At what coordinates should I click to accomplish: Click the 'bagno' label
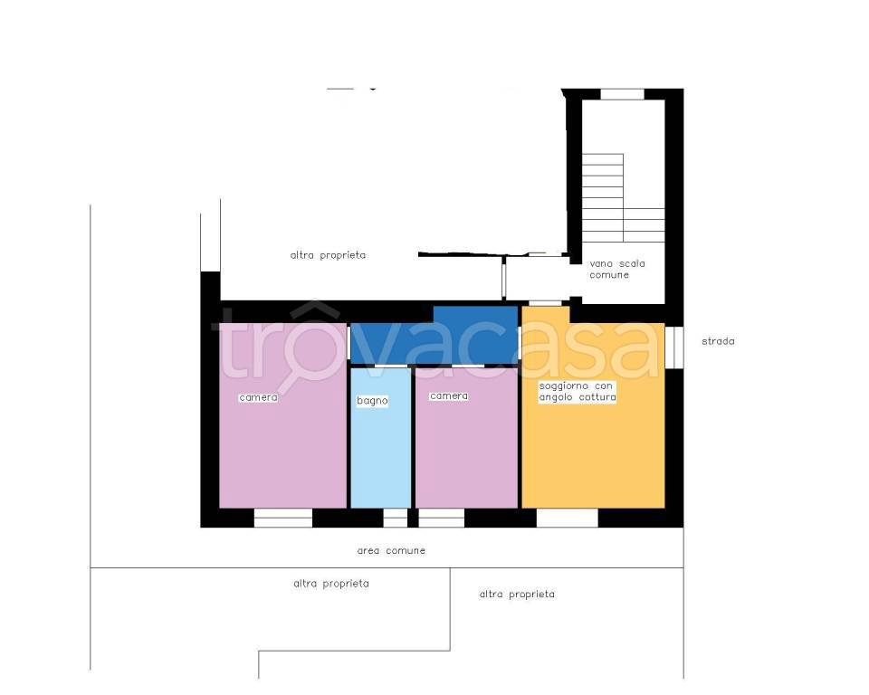372,400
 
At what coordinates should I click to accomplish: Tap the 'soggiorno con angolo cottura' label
578,391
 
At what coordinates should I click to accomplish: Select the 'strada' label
718,341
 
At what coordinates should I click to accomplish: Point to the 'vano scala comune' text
616,270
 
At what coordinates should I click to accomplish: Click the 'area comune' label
391,550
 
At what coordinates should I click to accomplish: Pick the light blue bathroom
381,438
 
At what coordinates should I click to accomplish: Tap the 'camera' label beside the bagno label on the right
449,395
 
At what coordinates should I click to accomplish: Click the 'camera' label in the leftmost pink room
258,397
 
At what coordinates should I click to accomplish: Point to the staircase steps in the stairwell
624,198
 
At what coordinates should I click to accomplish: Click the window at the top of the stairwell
623,94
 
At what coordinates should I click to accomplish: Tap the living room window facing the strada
673,347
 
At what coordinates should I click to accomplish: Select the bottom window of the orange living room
567,518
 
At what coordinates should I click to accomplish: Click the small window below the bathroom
396,518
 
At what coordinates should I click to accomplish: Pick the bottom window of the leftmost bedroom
283,518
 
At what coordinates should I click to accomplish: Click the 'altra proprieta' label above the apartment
328,255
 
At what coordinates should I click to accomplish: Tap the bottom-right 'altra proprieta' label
517,595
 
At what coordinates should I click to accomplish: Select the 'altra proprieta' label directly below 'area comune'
331,584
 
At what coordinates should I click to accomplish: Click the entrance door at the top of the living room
545,302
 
